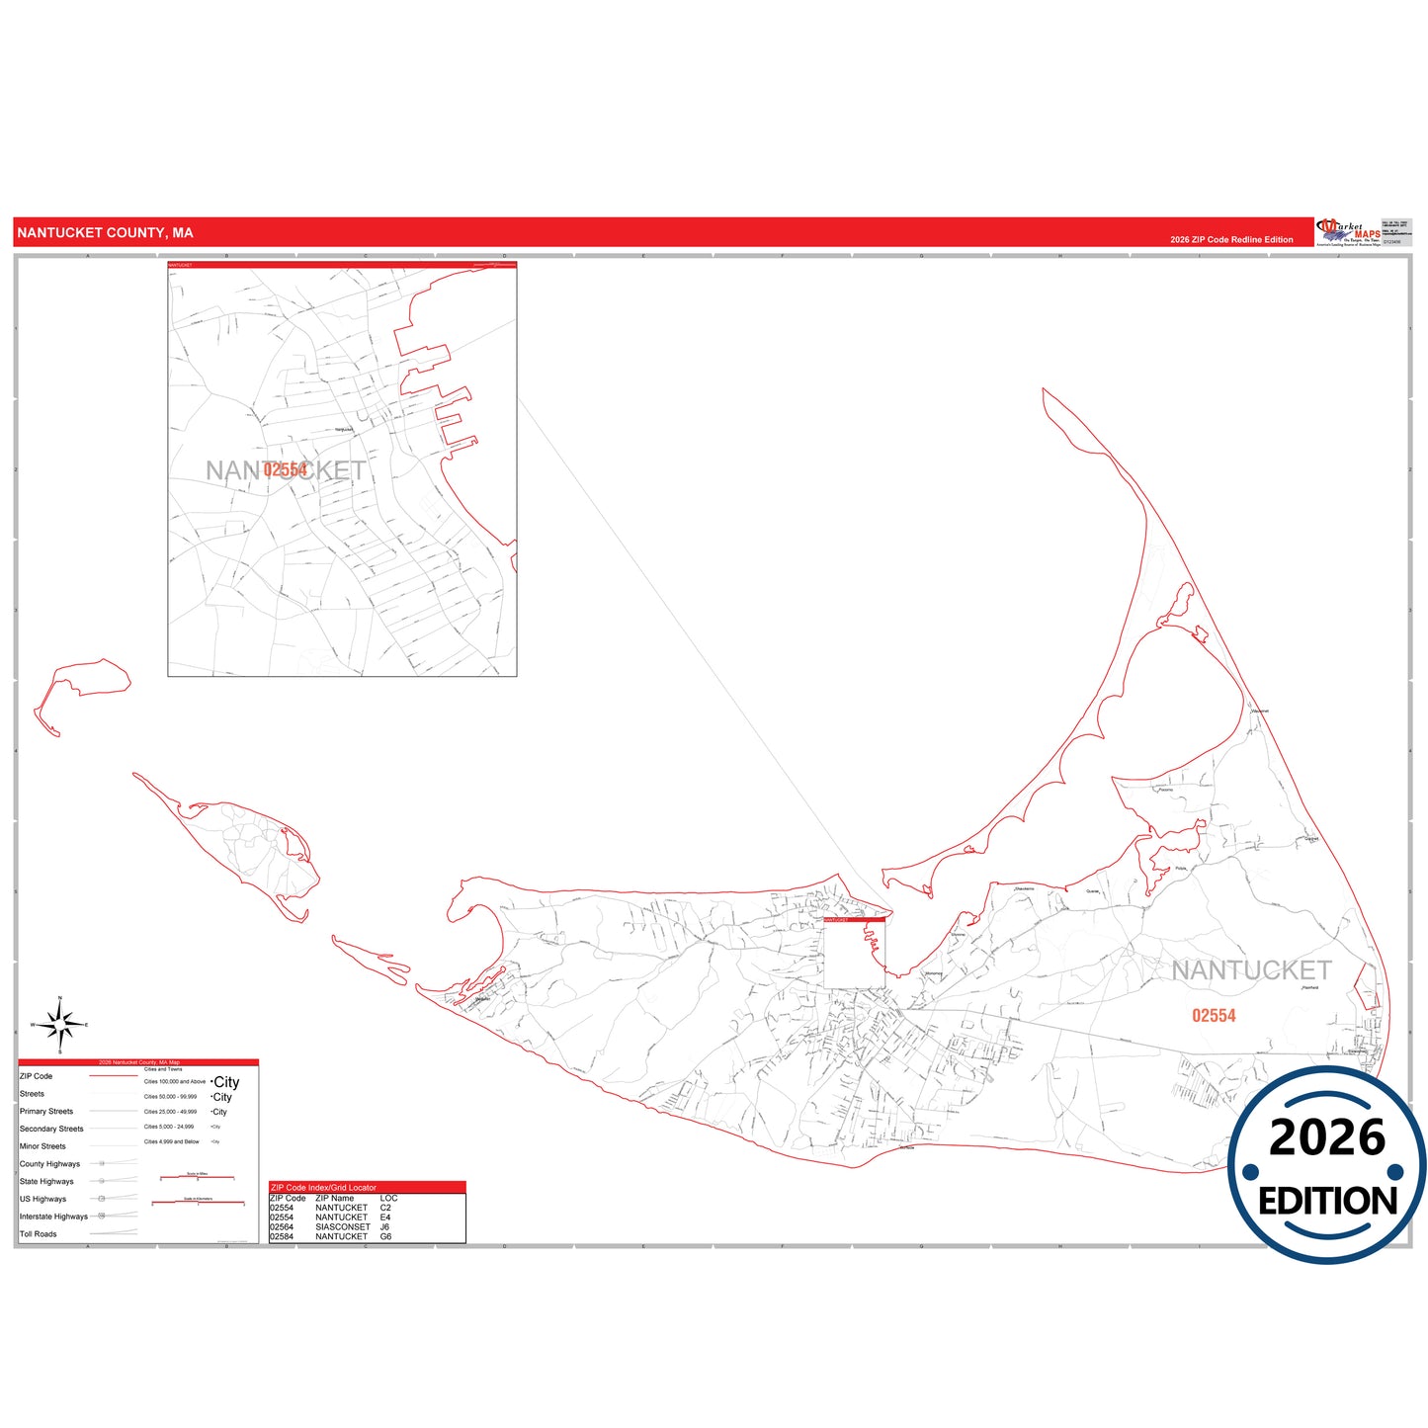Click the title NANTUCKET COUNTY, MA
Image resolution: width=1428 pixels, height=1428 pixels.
point(105,233)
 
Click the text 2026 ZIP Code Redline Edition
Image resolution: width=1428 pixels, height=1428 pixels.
point(1231,240)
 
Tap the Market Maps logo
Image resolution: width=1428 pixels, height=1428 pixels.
point(1348,233)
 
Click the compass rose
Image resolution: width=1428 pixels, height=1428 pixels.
point(60,1026)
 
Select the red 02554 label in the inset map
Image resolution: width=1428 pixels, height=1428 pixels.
point(286,470)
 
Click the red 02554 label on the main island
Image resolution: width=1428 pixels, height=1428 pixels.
point(1214,1016)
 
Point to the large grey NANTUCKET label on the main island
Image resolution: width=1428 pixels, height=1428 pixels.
point(1251,971)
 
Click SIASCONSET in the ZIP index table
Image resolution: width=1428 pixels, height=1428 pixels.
point(342,1227)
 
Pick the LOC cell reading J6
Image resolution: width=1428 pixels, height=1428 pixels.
point(385,1227)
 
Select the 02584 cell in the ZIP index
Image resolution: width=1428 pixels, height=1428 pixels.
point(282,1237)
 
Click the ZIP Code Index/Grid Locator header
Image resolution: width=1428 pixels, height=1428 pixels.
point(323,1188)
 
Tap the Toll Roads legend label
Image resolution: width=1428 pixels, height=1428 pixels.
point(39,1234)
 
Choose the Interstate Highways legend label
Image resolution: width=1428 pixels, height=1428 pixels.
point(53,1217)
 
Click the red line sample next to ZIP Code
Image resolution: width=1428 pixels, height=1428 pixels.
point(113,1076)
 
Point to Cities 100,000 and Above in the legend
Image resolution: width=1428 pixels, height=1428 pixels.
point(175,1082)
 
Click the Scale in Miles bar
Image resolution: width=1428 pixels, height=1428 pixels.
point(197,1177)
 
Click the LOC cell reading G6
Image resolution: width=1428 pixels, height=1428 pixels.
point(385,1237)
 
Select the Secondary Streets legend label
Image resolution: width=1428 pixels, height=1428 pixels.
point(51,1129)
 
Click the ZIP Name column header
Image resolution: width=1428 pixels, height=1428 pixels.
point(336,1198)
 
